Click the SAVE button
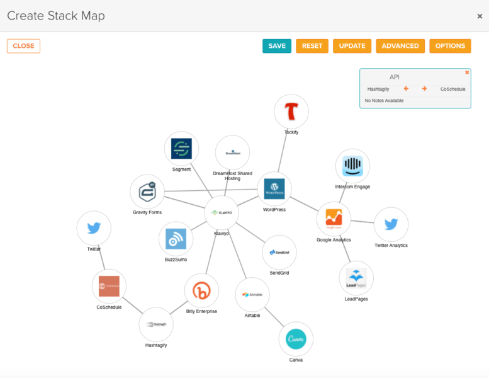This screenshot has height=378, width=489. (277, 46)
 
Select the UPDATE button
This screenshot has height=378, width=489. (352, 46)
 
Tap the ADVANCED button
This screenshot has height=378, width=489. (400, 46)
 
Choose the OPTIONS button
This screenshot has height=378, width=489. (450, 46)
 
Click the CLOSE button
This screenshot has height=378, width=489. (23, 46)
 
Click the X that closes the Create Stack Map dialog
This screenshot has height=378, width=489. (480, 16)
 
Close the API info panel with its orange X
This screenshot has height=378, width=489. (467, 72)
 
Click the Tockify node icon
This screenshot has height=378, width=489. (291, 112)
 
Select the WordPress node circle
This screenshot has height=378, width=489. (274, 189)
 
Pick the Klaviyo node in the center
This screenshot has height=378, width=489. (222, 213)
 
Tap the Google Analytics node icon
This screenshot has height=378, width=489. (334, 219)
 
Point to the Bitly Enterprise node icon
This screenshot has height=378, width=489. (201, 290)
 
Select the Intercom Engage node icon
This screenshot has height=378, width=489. (352, 166)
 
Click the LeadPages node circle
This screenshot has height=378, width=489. (356, 278)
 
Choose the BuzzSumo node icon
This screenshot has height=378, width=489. (176, 239)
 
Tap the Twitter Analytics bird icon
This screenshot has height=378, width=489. (391, 224)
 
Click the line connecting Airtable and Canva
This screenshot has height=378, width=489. (274, 316)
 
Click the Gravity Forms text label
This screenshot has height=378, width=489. (147, 212)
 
